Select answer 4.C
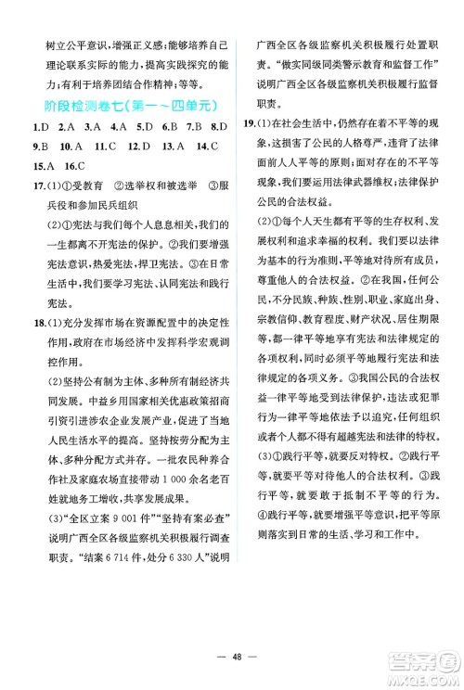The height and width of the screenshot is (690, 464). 118,128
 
